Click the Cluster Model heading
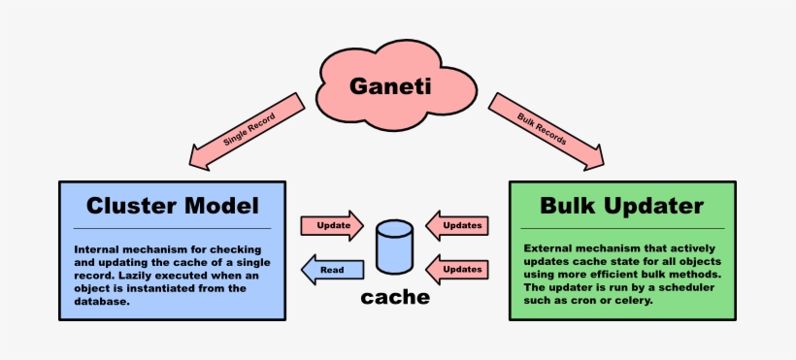[x=173, y=206]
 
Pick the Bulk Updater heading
[x=622, y=206]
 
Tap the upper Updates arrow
[x=457, y=225]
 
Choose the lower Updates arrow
[x=457, y=268]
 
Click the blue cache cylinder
[x=394, y=246]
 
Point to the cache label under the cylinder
[x=394, y=297]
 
